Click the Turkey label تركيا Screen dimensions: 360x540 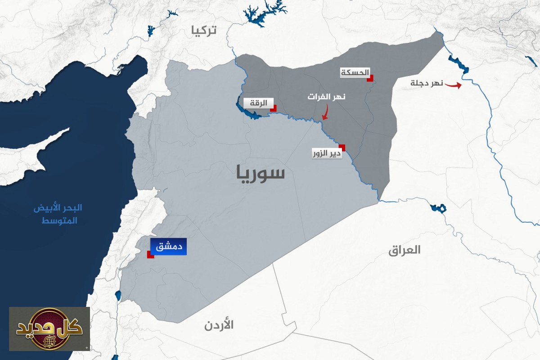pos(204,30)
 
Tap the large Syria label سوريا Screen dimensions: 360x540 pos(261,173)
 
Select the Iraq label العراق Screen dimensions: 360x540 pos(404,250)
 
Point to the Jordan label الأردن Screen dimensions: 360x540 pos(219,324)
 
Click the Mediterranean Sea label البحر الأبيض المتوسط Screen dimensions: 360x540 pos(58,215)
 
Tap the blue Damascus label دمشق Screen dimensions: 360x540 pos(168,247)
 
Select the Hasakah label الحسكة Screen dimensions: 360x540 pos(355,72)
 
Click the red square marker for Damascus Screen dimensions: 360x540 pos(150,255)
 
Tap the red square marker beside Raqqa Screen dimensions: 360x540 pos(273,108)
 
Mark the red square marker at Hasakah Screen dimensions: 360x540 pos(370,78)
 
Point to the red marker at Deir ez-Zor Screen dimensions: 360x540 pos(342,147)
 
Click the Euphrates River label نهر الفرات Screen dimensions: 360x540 pos(327,97)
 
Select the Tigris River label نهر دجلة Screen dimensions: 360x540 pos(427,83)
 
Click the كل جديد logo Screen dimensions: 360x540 pos(49,329)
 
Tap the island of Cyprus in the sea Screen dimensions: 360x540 pos(31,157)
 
